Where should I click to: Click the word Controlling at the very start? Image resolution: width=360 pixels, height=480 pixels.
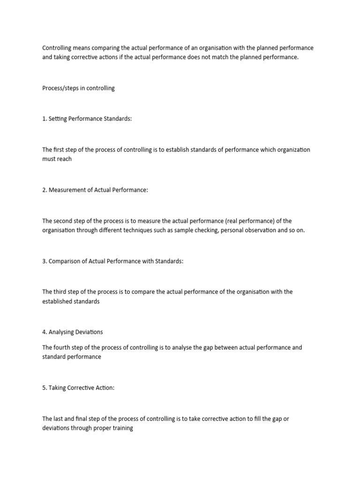coord(57,48)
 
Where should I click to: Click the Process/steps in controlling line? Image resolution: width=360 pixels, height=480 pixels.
coord(78,88)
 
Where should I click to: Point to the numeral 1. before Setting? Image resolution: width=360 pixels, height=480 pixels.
coord(45,119)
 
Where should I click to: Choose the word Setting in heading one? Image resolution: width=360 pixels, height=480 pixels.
coord(58,119)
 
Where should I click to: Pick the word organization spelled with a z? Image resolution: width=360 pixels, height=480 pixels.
coord(292,150)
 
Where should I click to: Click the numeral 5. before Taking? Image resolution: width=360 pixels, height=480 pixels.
coord(45,388)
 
